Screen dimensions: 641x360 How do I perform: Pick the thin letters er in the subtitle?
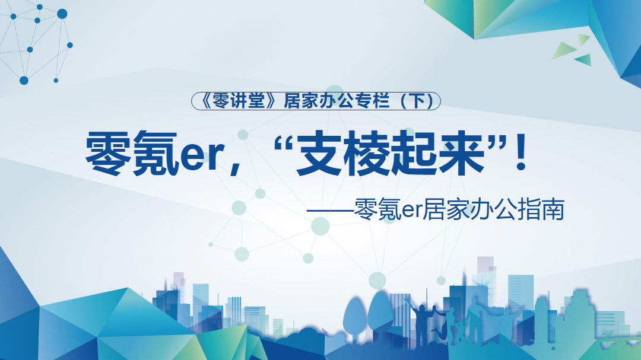[x=411, y=212]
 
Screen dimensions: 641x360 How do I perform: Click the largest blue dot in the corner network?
[x=62, y=14]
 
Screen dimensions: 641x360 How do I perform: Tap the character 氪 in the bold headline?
[x=156, y=153]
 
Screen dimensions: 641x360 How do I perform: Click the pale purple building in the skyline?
[x=485, y=270]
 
